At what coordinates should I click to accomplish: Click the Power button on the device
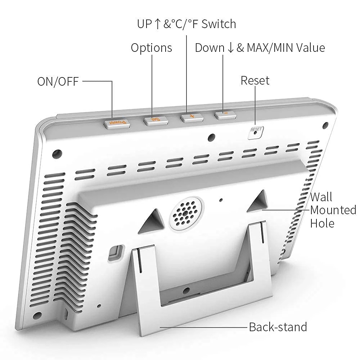pos(116,123)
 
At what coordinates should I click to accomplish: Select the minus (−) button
pos(225,115)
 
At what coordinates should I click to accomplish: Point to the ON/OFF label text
pos(58,81)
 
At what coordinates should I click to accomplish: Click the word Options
pos(151,48)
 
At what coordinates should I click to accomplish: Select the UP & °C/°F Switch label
pos(186,24)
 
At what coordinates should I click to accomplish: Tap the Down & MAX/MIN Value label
pos(260,48)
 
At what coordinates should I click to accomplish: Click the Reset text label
pos(255,80)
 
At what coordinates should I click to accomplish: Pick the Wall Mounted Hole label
pos(333,210)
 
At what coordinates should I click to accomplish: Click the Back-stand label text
pos(278,327)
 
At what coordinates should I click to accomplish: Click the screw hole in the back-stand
pos(186,290)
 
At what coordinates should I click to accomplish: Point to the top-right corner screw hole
pos(325,125)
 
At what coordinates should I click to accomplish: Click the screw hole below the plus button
pos(212,137)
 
